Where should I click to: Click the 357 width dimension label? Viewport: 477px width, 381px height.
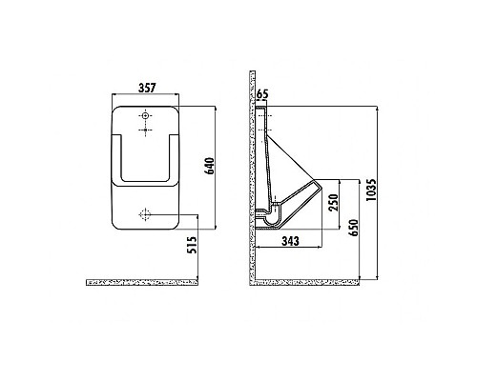tap(146, 89)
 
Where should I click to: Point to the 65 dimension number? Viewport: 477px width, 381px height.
tap(263, 95)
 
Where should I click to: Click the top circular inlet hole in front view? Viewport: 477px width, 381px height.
tap(145, 115)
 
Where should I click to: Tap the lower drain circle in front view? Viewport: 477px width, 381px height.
tap(146, 211)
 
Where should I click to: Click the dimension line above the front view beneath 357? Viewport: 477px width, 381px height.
tap(146, 96)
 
